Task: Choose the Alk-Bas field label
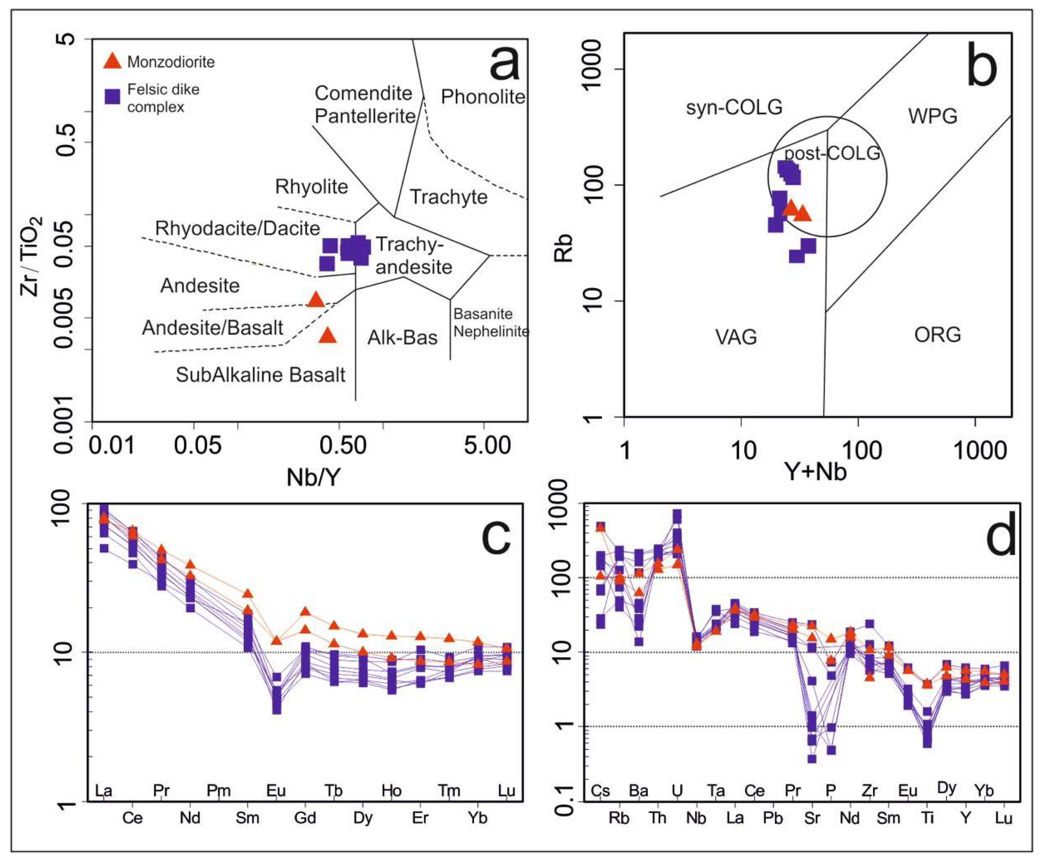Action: [x=402, y=338]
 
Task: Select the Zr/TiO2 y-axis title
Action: [x=31, y=256]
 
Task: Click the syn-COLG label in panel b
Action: [x=734, y=107]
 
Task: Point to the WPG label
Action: [x=933, y=116]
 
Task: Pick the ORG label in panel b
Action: [x=938, y=335]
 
